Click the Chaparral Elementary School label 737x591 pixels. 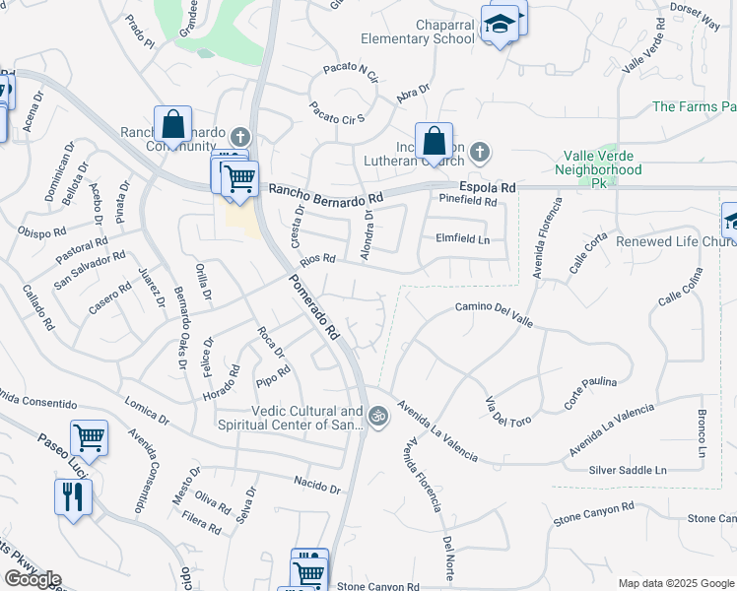tap(417, 32)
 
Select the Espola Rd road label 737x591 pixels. tap(487, 187)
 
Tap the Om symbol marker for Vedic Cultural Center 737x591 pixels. tap(377, 418)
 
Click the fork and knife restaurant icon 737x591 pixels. tap(72, 496)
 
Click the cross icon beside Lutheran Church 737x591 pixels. tap(479, 152)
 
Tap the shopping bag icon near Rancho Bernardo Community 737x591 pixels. tap(172, 126)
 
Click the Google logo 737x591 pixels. tap(33, 579)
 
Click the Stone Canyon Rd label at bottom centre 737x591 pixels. tap(378, 586)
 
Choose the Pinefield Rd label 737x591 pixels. tap(468, 201)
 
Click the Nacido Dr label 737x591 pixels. tap(316, 486)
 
